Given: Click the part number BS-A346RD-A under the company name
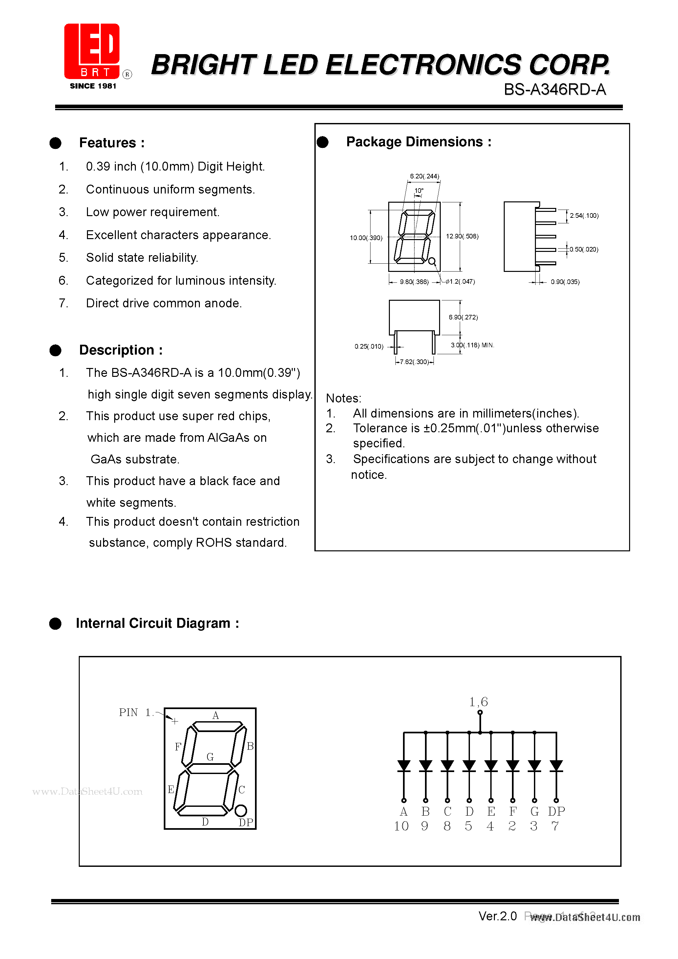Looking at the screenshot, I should [555, 90].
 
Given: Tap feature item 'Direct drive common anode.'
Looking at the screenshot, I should [164, 303].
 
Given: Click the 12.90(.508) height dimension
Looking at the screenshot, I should [462, 236].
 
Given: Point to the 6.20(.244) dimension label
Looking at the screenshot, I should [424, 176].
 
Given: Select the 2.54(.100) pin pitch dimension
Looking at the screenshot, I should [584, 215].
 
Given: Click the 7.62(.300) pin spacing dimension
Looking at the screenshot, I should [414, 362].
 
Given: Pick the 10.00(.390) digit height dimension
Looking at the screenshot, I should [366, 238].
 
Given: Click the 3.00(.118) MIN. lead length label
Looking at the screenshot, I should [472, 345].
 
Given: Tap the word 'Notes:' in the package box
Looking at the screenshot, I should [344, 398].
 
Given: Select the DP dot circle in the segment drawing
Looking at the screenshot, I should [241, 811].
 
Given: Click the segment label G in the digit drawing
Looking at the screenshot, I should [210, 757].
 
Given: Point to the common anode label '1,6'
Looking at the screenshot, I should [478, 702].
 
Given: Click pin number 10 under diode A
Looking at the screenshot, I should [401, 826].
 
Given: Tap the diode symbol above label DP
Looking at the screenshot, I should [556, 765].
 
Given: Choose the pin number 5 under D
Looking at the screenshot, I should [469, 826].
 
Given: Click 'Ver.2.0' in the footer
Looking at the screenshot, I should [498, 916].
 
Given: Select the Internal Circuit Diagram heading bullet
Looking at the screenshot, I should [55, 623].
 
